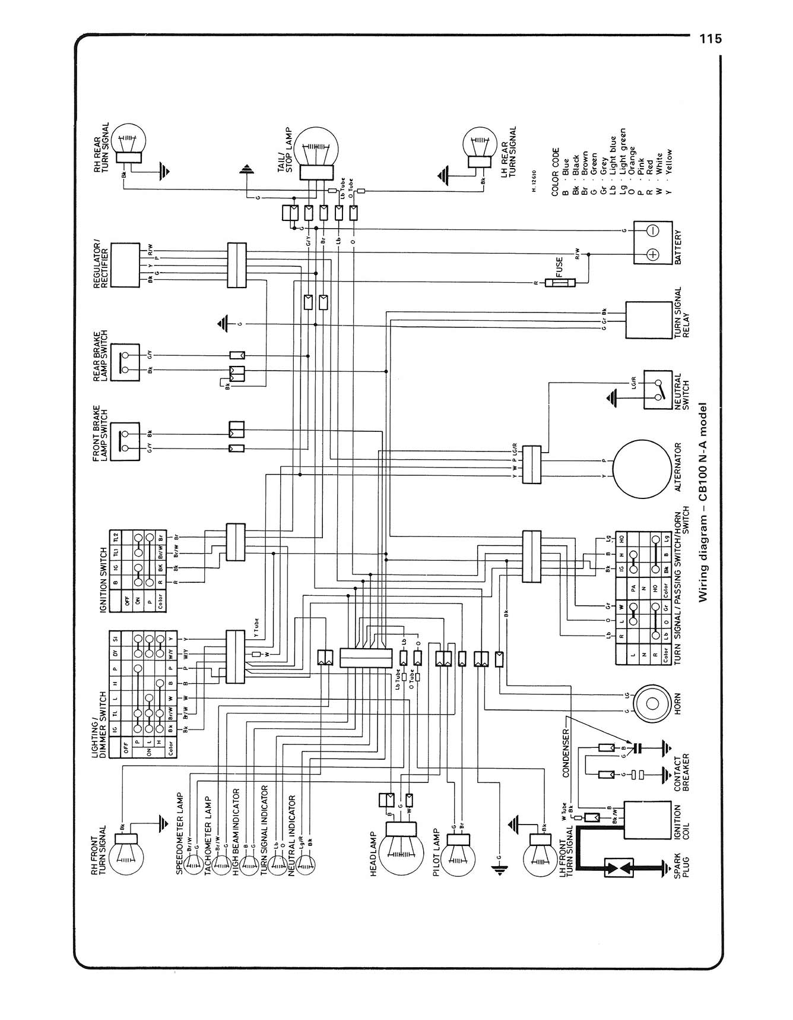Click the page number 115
[x=710, y=39]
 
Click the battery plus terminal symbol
[x=652, y=254]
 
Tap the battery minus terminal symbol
[x=652, y=230]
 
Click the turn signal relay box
[x=648, y=320]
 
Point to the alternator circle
[x=642, y=469]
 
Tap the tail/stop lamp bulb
[x=317, y=149]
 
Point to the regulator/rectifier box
[x=125, y=265]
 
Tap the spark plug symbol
[x=618, y=868]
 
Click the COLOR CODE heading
[x=556, y=172]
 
